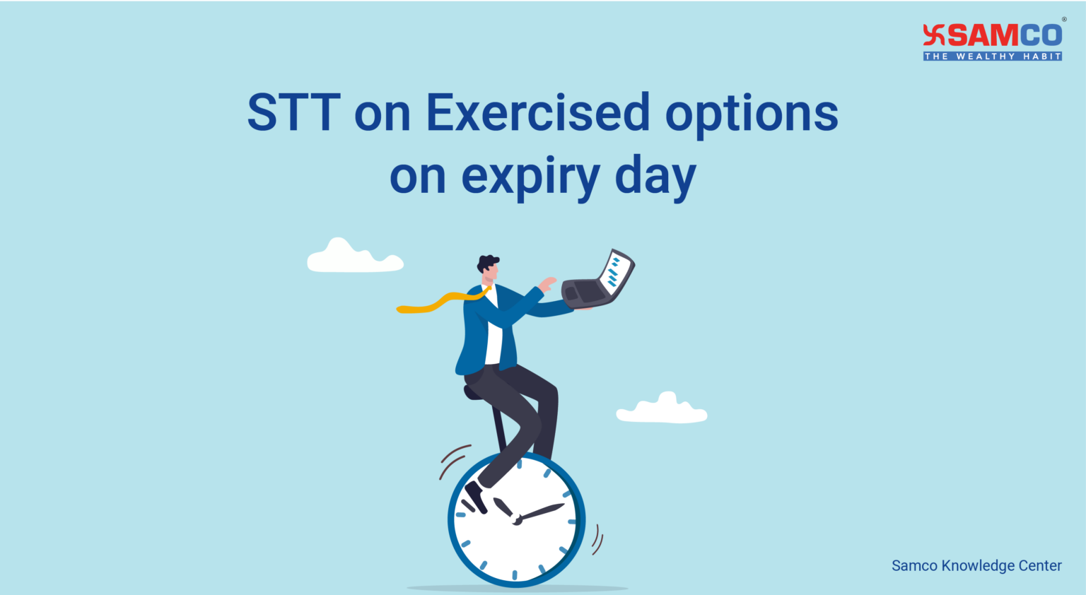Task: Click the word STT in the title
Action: (x=294, y=113)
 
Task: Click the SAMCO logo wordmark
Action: (x=1004, y=35)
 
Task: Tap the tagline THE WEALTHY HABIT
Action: (x=993, y=57)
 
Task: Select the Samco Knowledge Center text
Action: (x=976, y=565)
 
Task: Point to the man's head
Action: (x=489, y=268)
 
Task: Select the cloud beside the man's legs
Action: (x=662, y=410)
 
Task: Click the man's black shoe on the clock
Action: (x=476, y=497)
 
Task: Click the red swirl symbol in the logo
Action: (x=934, y=35)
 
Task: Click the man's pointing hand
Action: (x=547, y=283)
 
